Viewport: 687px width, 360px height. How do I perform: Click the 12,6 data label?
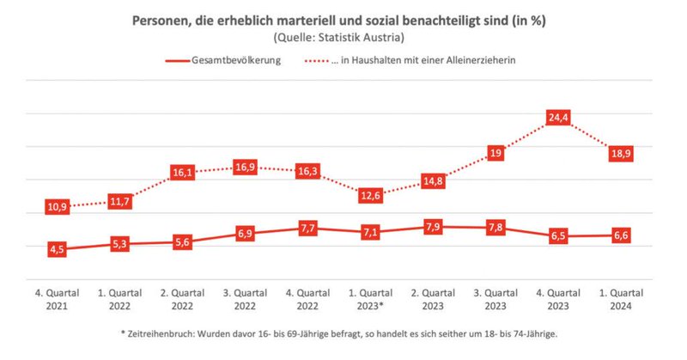(371, 195)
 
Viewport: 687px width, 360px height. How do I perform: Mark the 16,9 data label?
(245, 167)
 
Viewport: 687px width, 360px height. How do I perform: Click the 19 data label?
(495, 153)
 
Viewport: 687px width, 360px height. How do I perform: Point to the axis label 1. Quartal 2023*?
(371, 298)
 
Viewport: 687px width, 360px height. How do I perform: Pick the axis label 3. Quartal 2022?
(245, 298)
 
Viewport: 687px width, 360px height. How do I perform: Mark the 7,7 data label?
(307, 228)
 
